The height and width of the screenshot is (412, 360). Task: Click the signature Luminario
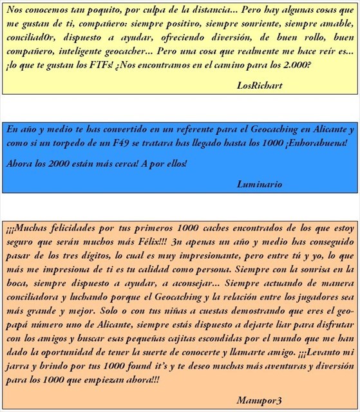coord(260,184)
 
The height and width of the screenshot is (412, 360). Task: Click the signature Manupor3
coord(259,400)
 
